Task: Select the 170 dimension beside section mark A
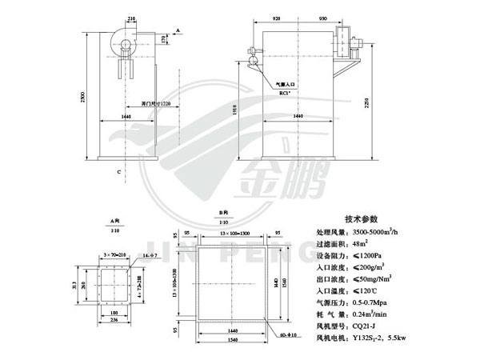coord(165,38)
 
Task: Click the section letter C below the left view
coord(118,171)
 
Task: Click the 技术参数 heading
coord(366,218)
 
